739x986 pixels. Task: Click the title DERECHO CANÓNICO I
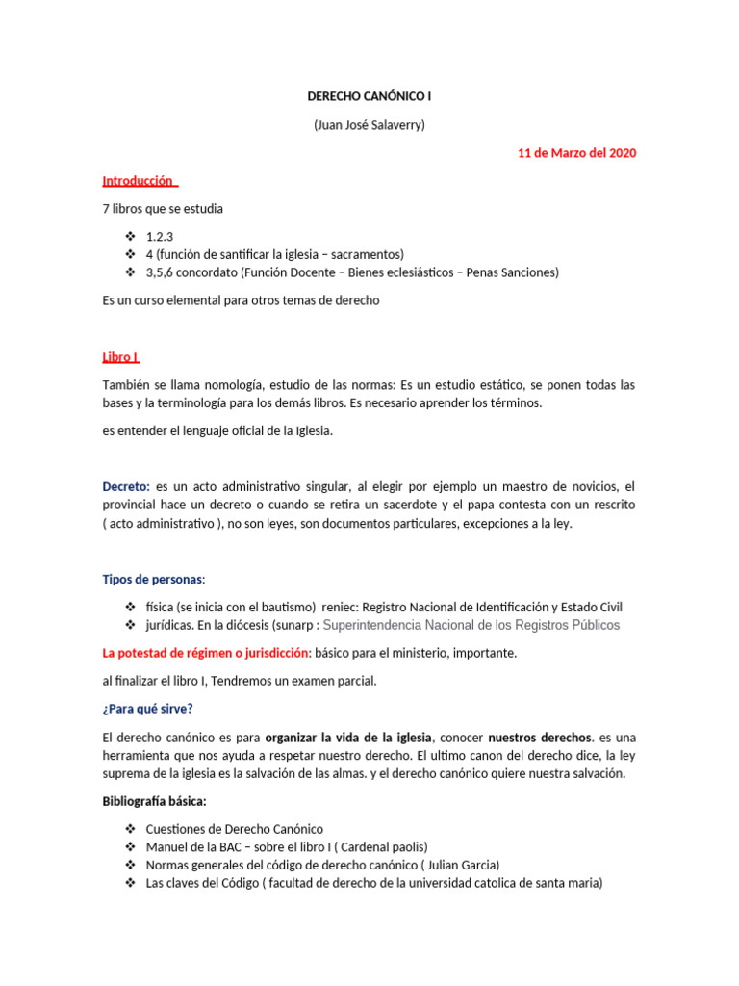[x=369, y=97]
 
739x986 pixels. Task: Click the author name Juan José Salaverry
[x=369, y=125]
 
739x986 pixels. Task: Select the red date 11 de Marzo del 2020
[x=576, y=153]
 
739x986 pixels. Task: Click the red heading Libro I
[x=121, y=357]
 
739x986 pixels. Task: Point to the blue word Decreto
[x=126, y=486]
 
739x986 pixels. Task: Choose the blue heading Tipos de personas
[x=153, y=579]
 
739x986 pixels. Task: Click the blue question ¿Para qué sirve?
[x=147, y=709]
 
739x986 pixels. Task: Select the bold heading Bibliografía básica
[x=154, y=801]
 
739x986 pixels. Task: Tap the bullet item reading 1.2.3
[x=160, y=236]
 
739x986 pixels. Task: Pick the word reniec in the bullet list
[x=341, y=607]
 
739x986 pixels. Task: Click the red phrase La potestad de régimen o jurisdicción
[x=206, y=653]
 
